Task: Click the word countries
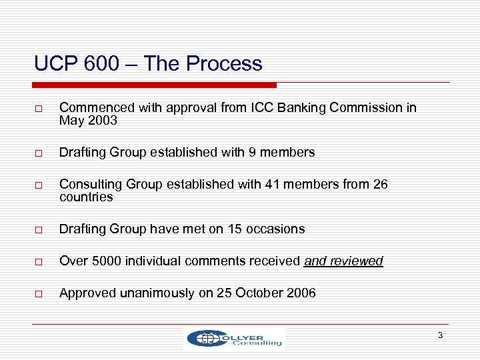tap(86, 197)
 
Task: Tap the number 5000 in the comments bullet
tap(99, 261)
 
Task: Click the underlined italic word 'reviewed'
tap(359, 261)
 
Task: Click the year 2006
tap(299, 293)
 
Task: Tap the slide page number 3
tap(440, 335)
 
